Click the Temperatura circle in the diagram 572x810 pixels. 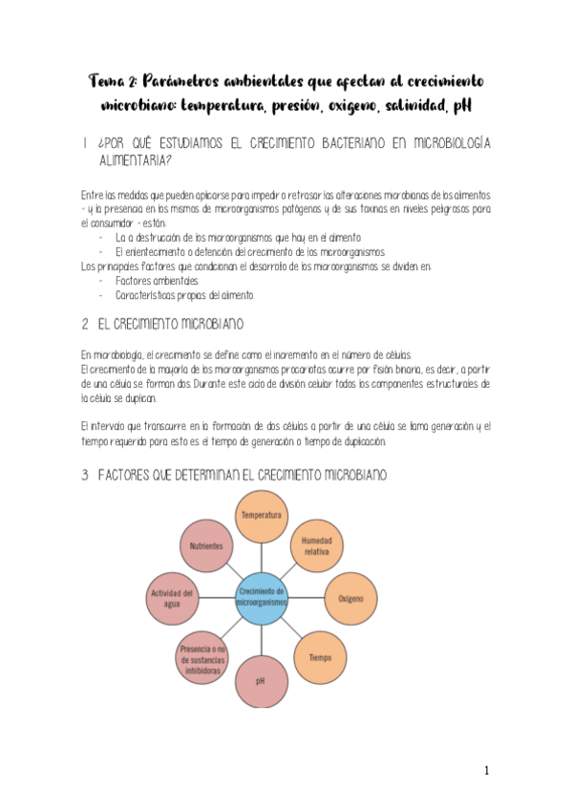pos(261,516)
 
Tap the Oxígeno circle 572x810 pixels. pos(350,599)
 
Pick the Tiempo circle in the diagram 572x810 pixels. pos(320,658)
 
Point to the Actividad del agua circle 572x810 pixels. pos(172,599)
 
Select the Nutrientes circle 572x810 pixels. pos(206,546)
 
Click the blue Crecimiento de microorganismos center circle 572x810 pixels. pos(260,599)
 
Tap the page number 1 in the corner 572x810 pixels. pos(486,771)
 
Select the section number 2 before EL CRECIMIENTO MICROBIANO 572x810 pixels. pos(85,324)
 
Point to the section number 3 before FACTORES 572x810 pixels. pos(85,474)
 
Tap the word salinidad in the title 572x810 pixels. pos(392,103)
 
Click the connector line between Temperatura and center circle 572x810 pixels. pos(261,556)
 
